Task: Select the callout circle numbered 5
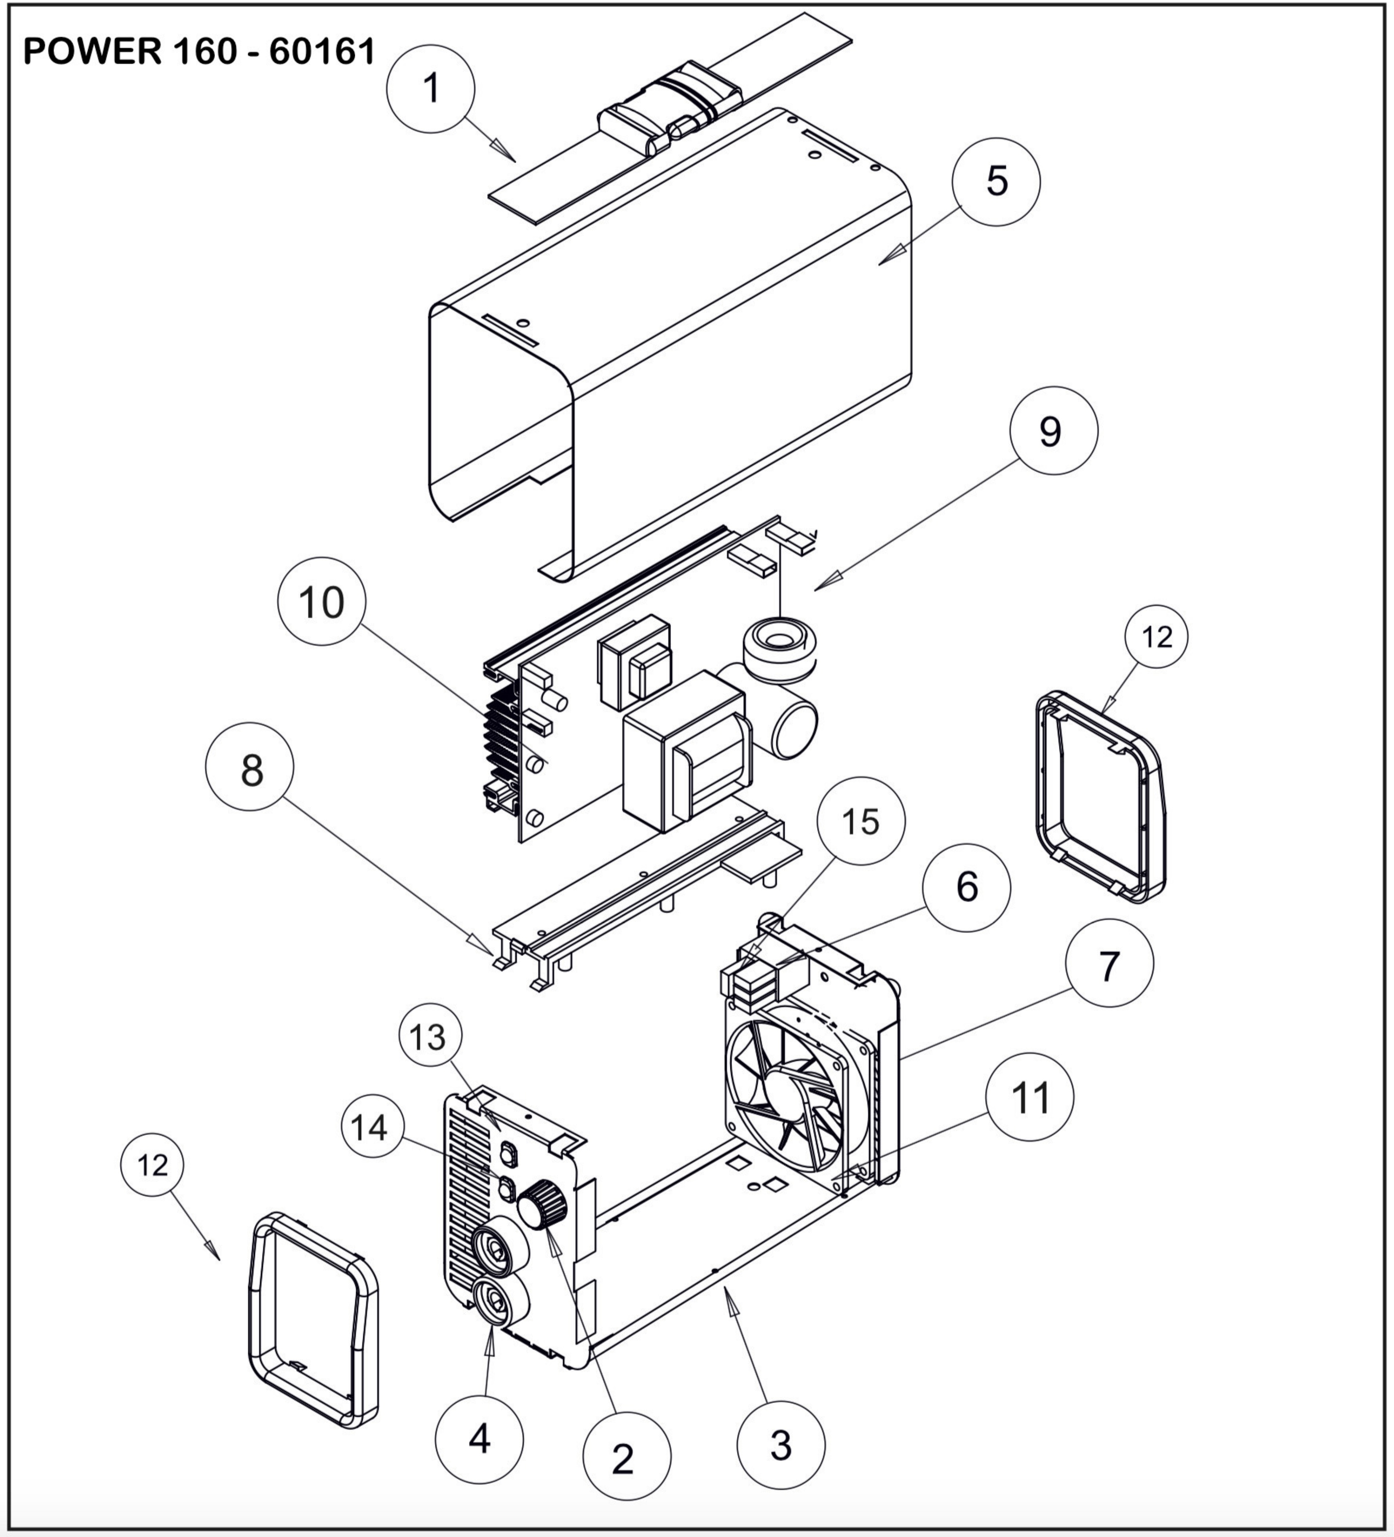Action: [996, 182]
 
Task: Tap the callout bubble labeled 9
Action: [1053, 431]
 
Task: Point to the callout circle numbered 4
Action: [479, 1439]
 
